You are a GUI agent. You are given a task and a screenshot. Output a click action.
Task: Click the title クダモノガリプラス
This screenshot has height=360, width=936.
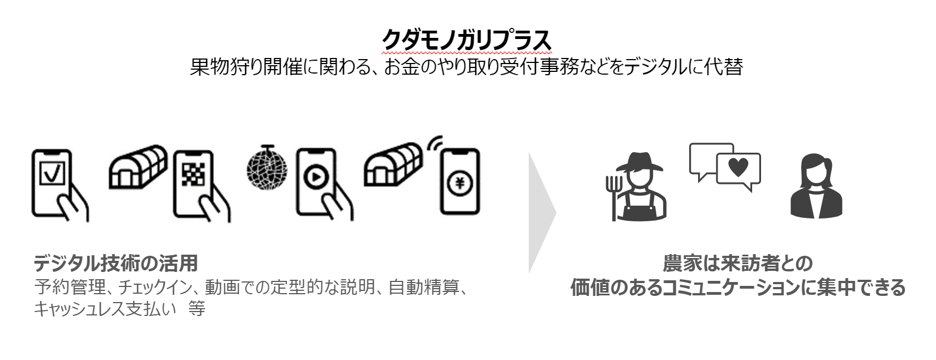pos(466,40)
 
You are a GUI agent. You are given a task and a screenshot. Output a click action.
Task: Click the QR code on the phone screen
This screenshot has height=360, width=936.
pos(193,176)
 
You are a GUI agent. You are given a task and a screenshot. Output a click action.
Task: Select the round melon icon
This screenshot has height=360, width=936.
pos(267,167)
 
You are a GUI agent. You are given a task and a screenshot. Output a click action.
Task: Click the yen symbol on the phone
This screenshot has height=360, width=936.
pos(460,182)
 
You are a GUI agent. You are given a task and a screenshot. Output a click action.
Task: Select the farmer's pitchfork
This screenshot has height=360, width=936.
pos(613,192)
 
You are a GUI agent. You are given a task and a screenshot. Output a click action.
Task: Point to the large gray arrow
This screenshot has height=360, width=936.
pos(542,212)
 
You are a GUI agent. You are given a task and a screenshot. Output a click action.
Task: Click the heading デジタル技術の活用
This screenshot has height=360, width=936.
pos(116,262)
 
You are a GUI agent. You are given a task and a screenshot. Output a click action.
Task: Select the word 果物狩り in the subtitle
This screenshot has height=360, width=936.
pos(226,67)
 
